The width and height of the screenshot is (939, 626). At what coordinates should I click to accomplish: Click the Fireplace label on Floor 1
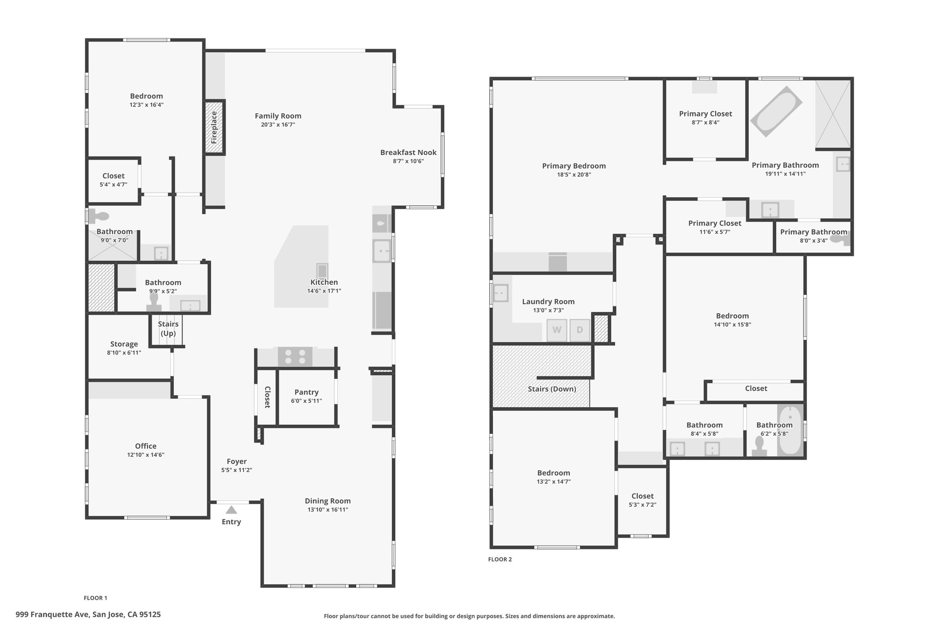point(214,127)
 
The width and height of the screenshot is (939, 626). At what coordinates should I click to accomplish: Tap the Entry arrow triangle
point(231,510)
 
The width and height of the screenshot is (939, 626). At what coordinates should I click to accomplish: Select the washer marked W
point(557,330)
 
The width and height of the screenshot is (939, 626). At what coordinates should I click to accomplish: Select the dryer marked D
point(580,330)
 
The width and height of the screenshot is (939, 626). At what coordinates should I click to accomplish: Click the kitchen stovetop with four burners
point(295,356)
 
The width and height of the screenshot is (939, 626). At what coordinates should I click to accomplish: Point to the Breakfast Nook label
point(408,152)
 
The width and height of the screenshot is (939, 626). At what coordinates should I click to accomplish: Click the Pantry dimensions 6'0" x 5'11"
point(306,401)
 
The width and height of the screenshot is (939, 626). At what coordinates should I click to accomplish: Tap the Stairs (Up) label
point(168,328)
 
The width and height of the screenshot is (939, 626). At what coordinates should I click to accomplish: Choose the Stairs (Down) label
point(552,389)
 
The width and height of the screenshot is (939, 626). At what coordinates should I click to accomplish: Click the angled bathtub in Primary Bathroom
point(776,111)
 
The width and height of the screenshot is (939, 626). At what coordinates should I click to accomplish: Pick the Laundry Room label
point(548,301)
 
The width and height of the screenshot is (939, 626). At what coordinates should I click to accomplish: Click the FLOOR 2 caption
point(500,559)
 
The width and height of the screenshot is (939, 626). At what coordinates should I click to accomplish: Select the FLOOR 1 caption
point(95,598)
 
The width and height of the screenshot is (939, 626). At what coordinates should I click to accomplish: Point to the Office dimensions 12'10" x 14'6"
point(146,454)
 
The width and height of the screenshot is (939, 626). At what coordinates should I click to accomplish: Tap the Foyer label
point(237,461)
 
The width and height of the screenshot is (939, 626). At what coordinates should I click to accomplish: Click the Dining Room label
point(328,501)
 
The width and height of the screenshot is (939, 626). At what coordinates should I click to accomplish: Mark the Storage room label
point(124,344)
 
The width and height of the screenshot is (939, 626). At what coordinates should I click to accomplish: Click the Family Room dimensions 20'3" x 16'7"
point(278,124)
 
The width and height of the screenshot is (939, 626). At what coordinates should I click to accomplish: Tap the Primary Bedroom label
point(574,166)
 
